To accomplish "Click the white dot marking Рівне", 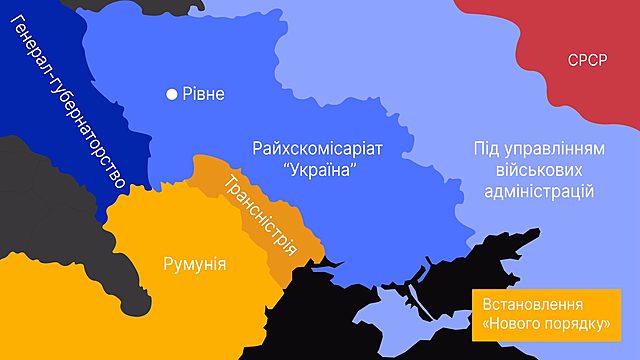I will coord(172,95).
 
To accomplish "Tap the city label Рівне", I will coord(203,95).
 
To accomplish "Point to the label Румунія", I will coord(193,264).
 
